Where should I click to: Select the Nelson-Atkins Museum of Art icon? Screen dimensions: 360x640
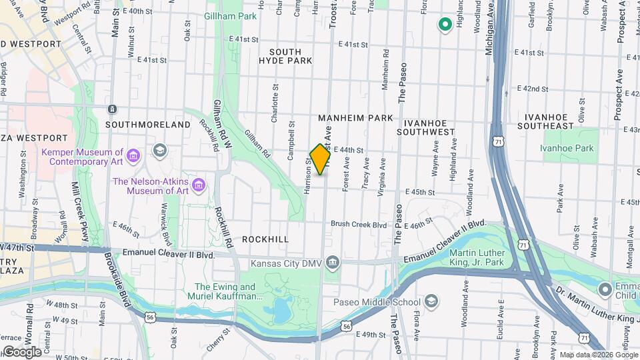coord(197,183)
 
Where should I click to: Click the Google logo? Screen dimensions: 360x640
coord(22,351)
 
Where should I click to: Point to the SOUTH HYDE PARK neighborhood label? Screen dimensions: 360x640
coord(290,56)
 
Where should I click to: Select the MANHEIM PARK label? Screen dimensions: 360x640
coord(355,118)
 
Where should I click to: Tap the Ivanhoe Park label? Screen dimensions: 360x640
coord(567,149)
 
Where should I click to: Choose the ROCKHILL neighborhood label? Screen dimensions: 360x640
coord(265,239)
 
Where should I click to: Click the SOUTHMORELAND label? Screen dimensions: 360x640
coord(148,125)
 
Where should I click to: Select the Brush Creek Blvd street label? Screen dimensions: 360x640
coord(359,225)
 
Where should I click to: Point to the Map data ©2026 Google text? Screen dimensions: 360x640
coord(598,355)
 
